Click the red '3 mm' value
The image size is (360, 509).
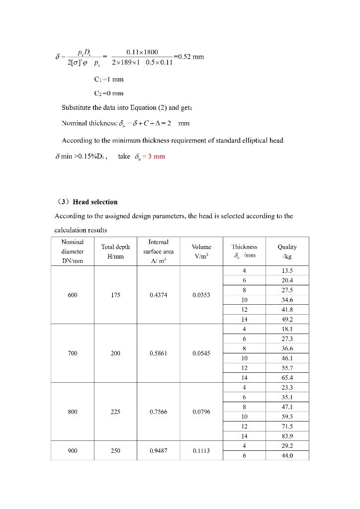click(155, 157)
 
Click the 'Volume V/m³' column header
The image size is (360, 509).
click(201, 251)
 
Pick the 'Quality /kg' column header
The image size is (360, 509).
click(287, 251)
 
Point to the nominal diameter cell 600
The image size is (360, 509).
click(73, 295)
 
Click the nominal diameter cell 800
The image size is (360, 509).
click(73, 412)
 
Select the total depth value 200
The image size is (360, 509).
click(115, 353)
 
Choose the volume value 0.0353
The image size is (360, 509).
click(201, 295)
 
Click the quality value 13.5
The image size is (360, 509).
click(287, 271)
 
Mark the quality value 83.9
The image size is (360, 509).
click(287, 436)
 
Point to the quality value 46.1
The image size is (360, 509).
click(287, 358)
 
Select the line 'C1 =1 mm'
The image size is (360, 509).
click(109, 79)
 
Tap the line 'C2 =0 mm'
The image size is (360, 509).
click(109, 93)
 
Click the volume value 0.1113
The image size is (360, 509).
click(201, 451)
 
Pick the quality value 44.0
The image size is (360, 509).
click(287, 455)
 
